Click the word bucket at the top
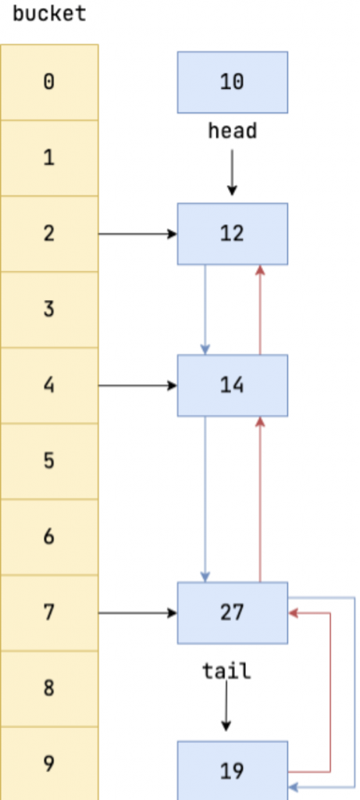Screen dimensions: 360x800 pos(49,14)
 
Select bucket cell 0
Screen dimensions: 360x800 pos(49,82)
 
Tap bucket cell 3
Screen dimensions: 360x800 pos(49,309)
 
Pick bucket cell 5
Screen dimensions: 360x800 pos(49,461)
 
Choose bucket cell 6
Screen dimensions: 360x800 pos(49,537)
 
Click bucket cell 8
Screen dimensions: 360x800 pos(49,688)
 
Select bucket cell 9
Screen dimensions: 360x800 pos(49,763)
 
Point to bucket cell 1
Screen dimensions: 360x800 pos(49,158)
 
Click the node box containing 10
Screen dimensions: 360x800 pos(233,82)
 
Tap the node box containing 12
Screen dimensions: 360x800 pos(233,234)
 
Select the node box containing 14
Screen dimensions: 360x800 pos(233,385)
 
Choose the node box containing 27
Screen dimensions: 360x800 pos(233,612)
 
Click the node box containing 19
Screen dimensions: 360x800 pos(233,770)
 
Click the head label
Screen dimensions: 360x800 pos(233,131)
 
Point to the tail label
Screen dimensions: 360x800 pos(227,671)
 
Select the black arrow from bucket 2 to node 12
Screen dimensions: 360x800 pos(137,234)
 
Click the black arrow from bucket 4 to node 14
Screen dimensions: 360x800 pos(137,386)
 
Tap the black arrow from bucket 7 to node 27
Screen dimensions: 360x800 pos(137,612)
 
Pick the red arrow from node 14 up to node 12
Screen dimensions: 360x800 pos(260,309)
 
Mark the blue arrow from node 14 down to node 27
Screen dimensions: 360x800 pos(205,499)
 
